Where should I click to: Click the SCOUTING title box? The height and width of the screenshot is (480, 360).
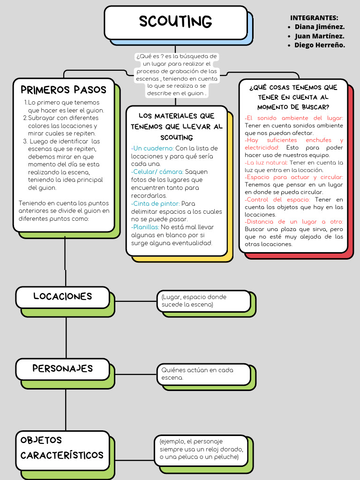click(175, 22)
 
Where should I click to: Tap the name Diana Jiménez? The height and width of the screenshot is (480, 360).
click(320, 27)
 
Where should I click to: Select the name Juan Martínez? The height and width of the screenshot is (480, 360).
click(320, 36)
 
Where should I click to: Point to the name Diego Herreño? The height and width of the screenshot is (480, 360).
click(320, 45)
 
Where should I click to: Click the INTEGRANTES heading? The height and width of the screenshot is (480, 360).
click(314, 18)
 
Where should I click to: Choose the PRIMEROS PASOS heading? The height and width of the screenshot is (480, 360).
click(64, 90)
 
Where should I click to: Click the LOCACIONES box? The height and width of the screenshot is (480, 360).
click(63, 297)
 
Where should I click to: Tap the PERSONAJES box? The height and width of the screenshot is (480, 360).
click(63, 368)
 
